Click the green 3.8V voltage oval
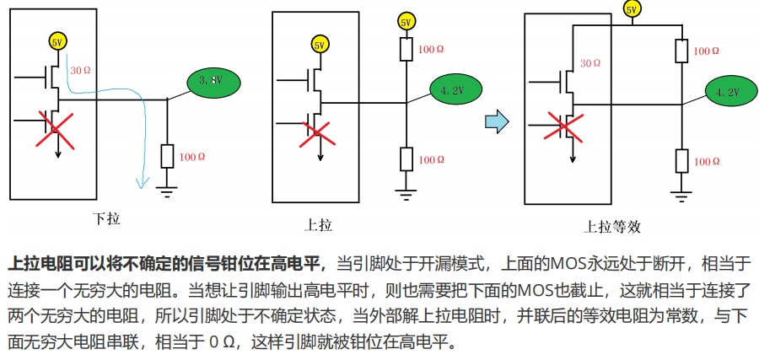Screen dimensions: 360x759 point(210,80)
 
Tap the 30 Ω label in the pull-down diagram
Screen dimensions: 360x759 point(82,70)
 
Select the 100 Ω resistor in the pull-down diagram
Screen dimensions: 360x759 point(167,156)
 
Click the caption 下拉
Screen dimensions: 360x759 point(106,219)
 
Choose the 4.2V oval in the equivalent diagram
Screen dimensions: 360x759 point(726,91)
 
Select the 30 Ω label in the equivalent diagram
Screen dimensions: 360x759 point(591,62)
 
